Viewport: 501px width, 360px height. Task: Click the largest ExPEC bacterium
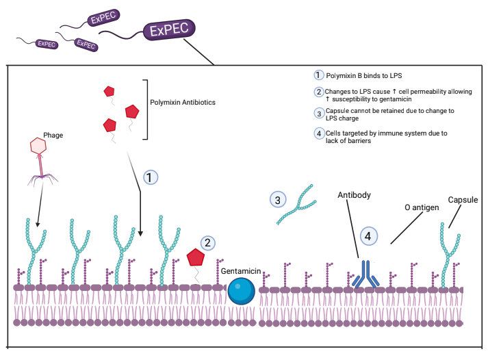(169, 30)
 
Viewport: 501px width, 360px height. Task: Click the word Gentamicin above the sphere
(241, 272)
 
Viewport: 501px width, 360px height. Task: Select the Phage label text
(53, 136)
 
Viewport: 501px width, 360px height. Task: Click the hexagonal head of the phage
(39, 146)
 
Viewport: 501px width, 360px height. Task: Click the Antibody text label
(355, 195)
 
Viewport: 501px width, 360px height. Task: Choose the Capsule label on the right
(463, 200)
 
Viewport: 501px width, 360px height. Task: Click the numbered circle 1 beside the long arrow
(151, 177)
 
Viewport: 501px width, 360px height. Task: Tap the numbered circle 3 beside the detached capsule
(278, 200)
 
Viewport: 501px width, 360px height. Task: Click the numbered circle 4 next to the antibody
(369, 235)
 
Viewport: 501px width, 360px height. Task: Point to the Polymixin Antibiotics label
(183, 103)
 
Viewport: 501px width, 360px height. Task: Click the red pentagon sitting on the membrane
(196, 257)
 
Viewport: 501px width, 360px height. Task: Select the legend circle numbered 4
(318, 133)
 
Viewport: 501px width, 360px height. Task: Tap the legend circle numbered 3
(318, 114)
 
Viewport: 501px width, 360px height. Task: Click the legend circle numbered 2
(318, 92)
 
